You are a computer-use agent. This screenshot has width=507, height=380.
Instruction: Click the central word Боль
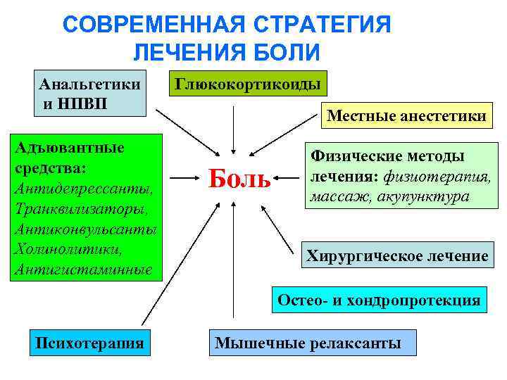[239, 179]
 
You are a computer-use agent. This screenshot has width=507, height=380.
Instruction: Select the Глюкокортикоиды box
[248, 85]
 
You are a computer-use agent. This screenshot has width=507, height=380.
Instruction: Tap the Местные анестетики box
[406, 115]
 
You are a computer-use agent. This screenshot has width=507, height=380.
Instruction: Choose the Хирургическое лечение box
[397, 256]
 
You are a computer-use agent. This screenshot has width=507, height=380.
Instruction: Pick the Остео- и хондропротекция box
[379, 300]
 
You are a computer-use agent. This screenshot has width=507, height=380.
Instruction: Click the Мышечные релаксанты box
[308, 343]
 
